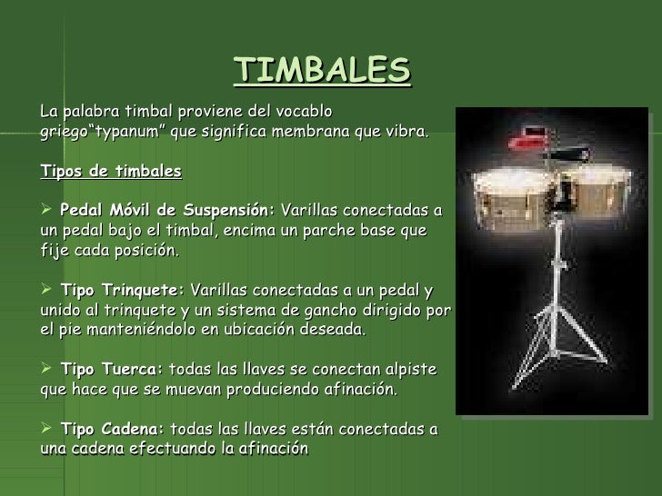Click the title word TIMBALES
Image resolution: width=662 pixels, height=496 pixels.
tap(322, 69)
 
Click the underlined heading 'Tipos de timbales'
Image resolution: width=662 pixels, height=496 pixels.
tap(112, 172)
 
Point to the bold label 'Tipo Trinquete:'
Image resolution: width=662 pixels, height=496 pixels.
tap(122, 291)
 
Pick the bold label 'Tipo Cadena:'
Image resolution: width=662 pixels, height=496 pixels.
tap(113, 429)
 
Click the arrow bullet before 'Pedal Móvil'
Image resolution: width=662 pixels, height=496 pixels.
tap(48, 211)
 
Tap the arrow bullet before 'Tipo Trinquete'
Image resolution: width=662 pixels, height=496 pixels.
tap(48, 291)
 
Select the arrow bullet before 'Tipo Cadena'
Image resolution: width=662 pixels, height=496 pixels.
tap(48, 429)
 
